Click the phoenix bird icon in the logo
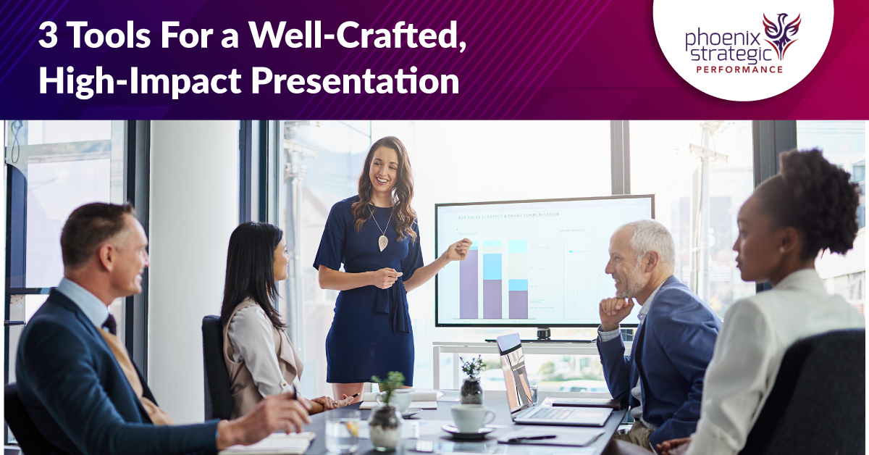coord(781,33)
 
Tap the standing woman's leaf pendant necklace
coord(382,241)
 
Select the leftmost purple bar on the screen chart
coord(469,283)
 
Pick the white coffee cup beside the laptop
coord(471,418)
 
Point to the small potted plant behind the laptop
coord(472,380)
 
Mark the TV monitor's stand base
coord(542,337)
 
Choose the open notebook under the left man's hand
coord(268,441)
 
